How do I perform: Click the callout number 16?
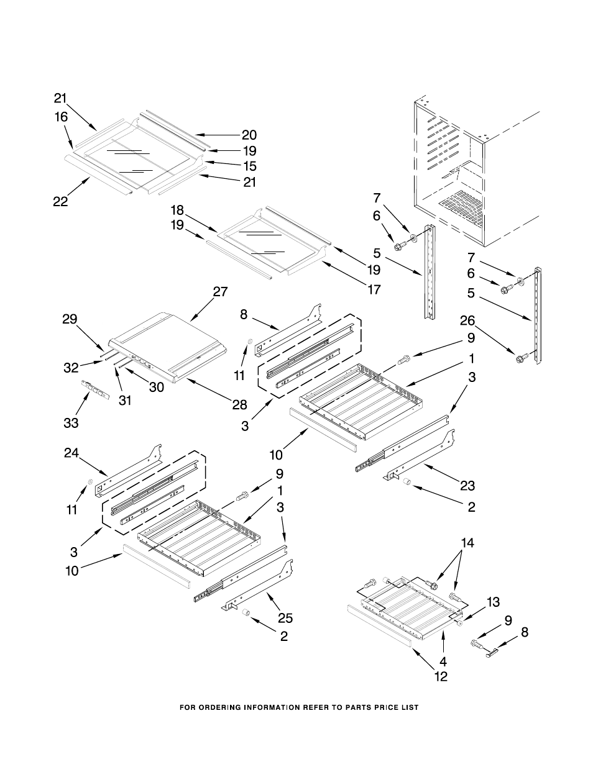[61, 117]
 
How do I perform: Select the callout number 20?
[249, 135]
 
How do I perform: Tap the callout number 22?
[60, 202]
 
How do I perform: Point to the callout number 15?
[249, 166]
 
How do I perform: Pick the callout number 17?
[374, 289]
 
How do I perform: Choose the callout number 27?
[220, 292]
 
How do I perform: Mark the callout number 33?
[71, 423]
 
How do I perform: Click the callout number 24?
[71, 453]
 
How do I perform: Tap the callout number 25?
[285, 618]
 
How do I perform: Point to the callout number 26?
[467, 320]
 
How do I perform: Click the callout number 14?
[467, 543]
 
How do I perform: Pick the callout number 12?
[441, 677]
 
